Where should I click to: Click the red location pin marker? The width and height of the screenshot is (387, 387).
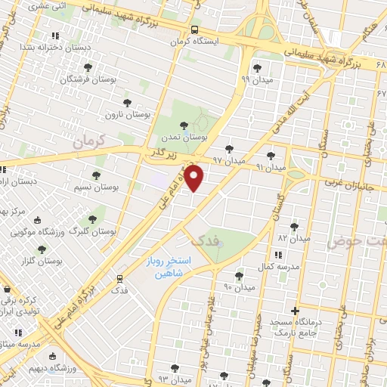tap(194, 178)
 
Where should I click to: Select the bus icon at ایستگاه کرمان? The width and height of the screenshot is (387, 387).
tap(194, 30)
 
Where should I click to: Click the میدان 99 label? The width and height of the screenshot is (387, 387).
tap(255, 78)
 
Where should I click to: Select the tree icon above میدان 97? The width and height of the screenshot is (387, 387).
tap(229, 149)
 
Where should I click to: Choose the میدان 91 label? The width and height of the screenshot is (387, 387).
tap(269, 166)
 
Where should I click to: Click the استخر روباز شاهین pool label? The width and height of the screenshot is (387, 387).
tap(169, 267)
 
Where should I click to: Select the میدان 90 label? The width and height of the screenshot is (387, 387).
tap(237, 286)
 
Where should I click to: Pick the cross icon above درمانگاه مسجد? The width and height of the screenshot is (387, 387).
tap(295, 311)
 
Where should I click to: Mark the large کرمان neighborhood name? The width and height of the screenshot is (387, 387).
tap(88, 141)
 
